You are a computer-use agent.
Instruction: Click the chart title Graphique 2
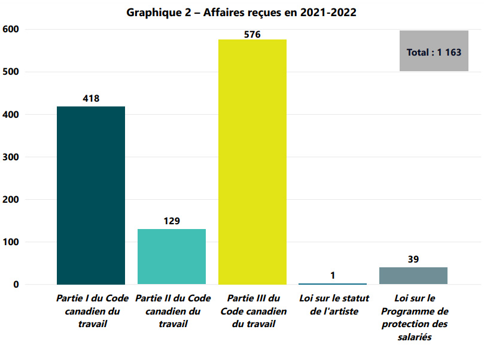(x=242, y=13)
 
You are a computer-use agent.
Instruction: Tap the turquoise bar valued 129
(x=172, y=257)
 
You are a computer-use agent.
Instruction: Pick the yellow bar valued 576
(x=252, y=161)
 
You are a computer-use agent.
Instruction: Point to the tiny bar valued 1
(x=333, y=283)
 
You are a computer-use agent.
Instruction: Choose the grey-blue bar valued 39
(x=413, y=276)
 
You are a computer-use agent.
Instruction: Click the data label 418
(x=91, y=98)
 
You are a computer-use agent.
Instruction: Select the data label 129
(x=172, y=221)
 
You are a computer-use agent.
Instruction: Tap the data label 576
(x=252, y=34)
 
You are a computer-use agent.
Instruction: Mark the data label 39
(x=413, y=259)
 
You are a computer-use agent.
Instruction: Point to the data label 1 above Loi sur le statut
(x=333, y=275)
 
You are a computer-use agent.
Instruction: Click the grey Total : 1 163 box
(x=434, y=51)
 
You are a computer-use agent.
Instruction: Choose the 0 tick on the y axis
(x=16, y=285)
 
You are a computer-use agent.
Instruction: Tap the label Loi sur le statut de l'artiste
(x=333, y=304)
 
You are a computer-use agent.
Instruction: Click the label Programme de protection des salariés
(x=413, y=318)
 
